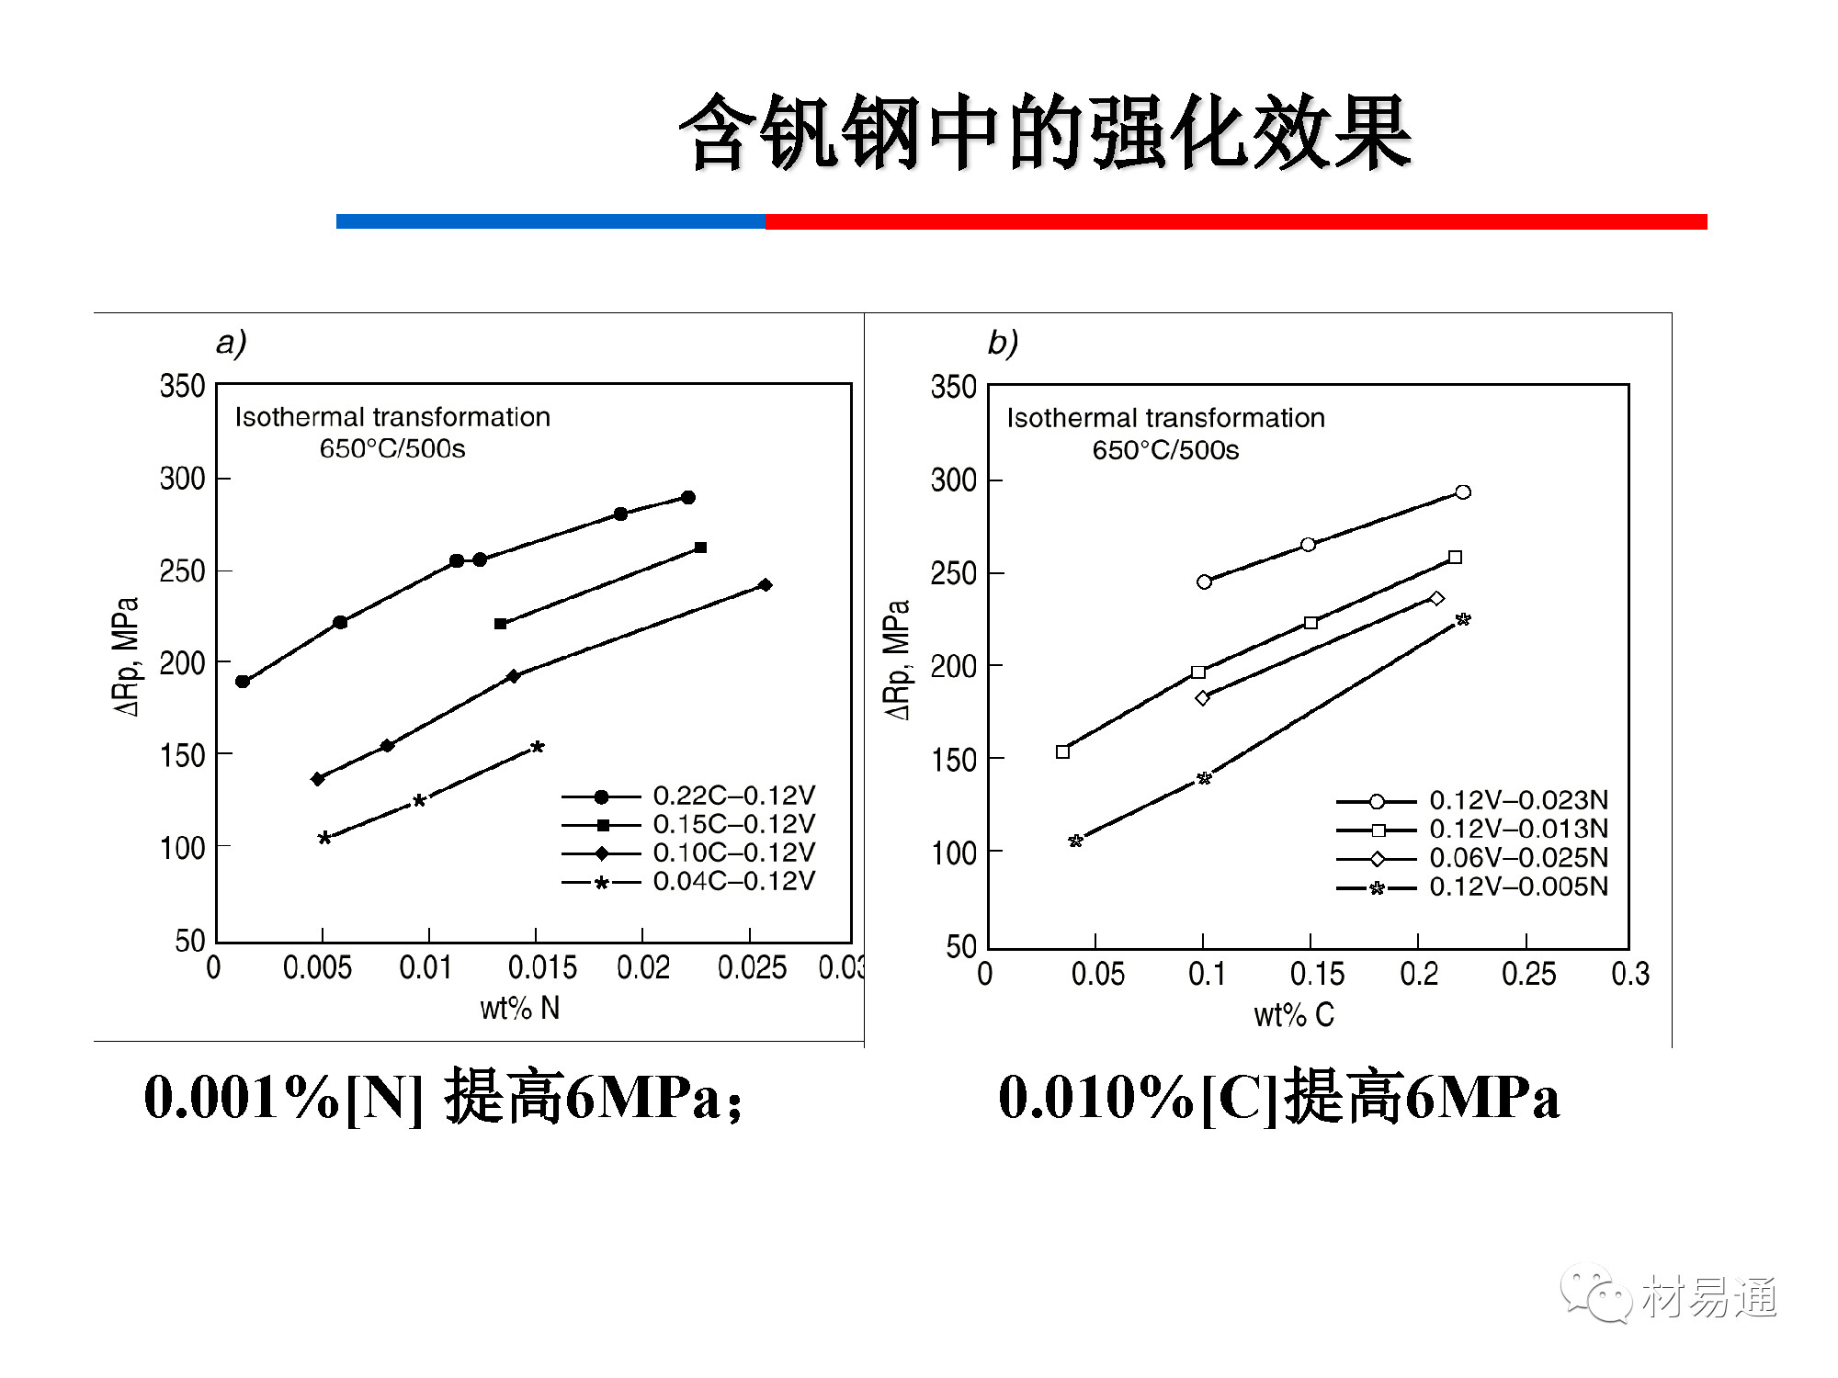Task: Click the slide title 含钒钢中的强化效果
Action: [1045, 133]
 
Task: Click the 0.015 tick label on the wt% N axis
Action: [542, 967]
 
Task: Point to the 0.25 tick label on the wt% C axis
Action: [1528, 974]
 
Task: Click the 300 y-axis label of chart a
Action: [182, 479]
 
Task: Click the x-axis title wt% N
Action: [519, 1009]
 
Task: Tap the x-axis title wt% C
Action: [1294, 1015]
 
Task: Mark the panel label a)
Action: [231, 343]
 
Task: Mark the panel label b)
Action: [1003, 343]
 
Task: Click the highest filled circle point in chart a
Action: [688, 498]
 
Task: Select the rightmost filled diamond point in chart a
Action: [766, 585]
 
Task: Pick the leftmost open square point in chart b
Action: [1063, 752]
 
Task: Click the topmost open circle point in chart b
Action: [1463, 492]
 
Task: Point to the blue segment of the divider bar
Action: [550, 221]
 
